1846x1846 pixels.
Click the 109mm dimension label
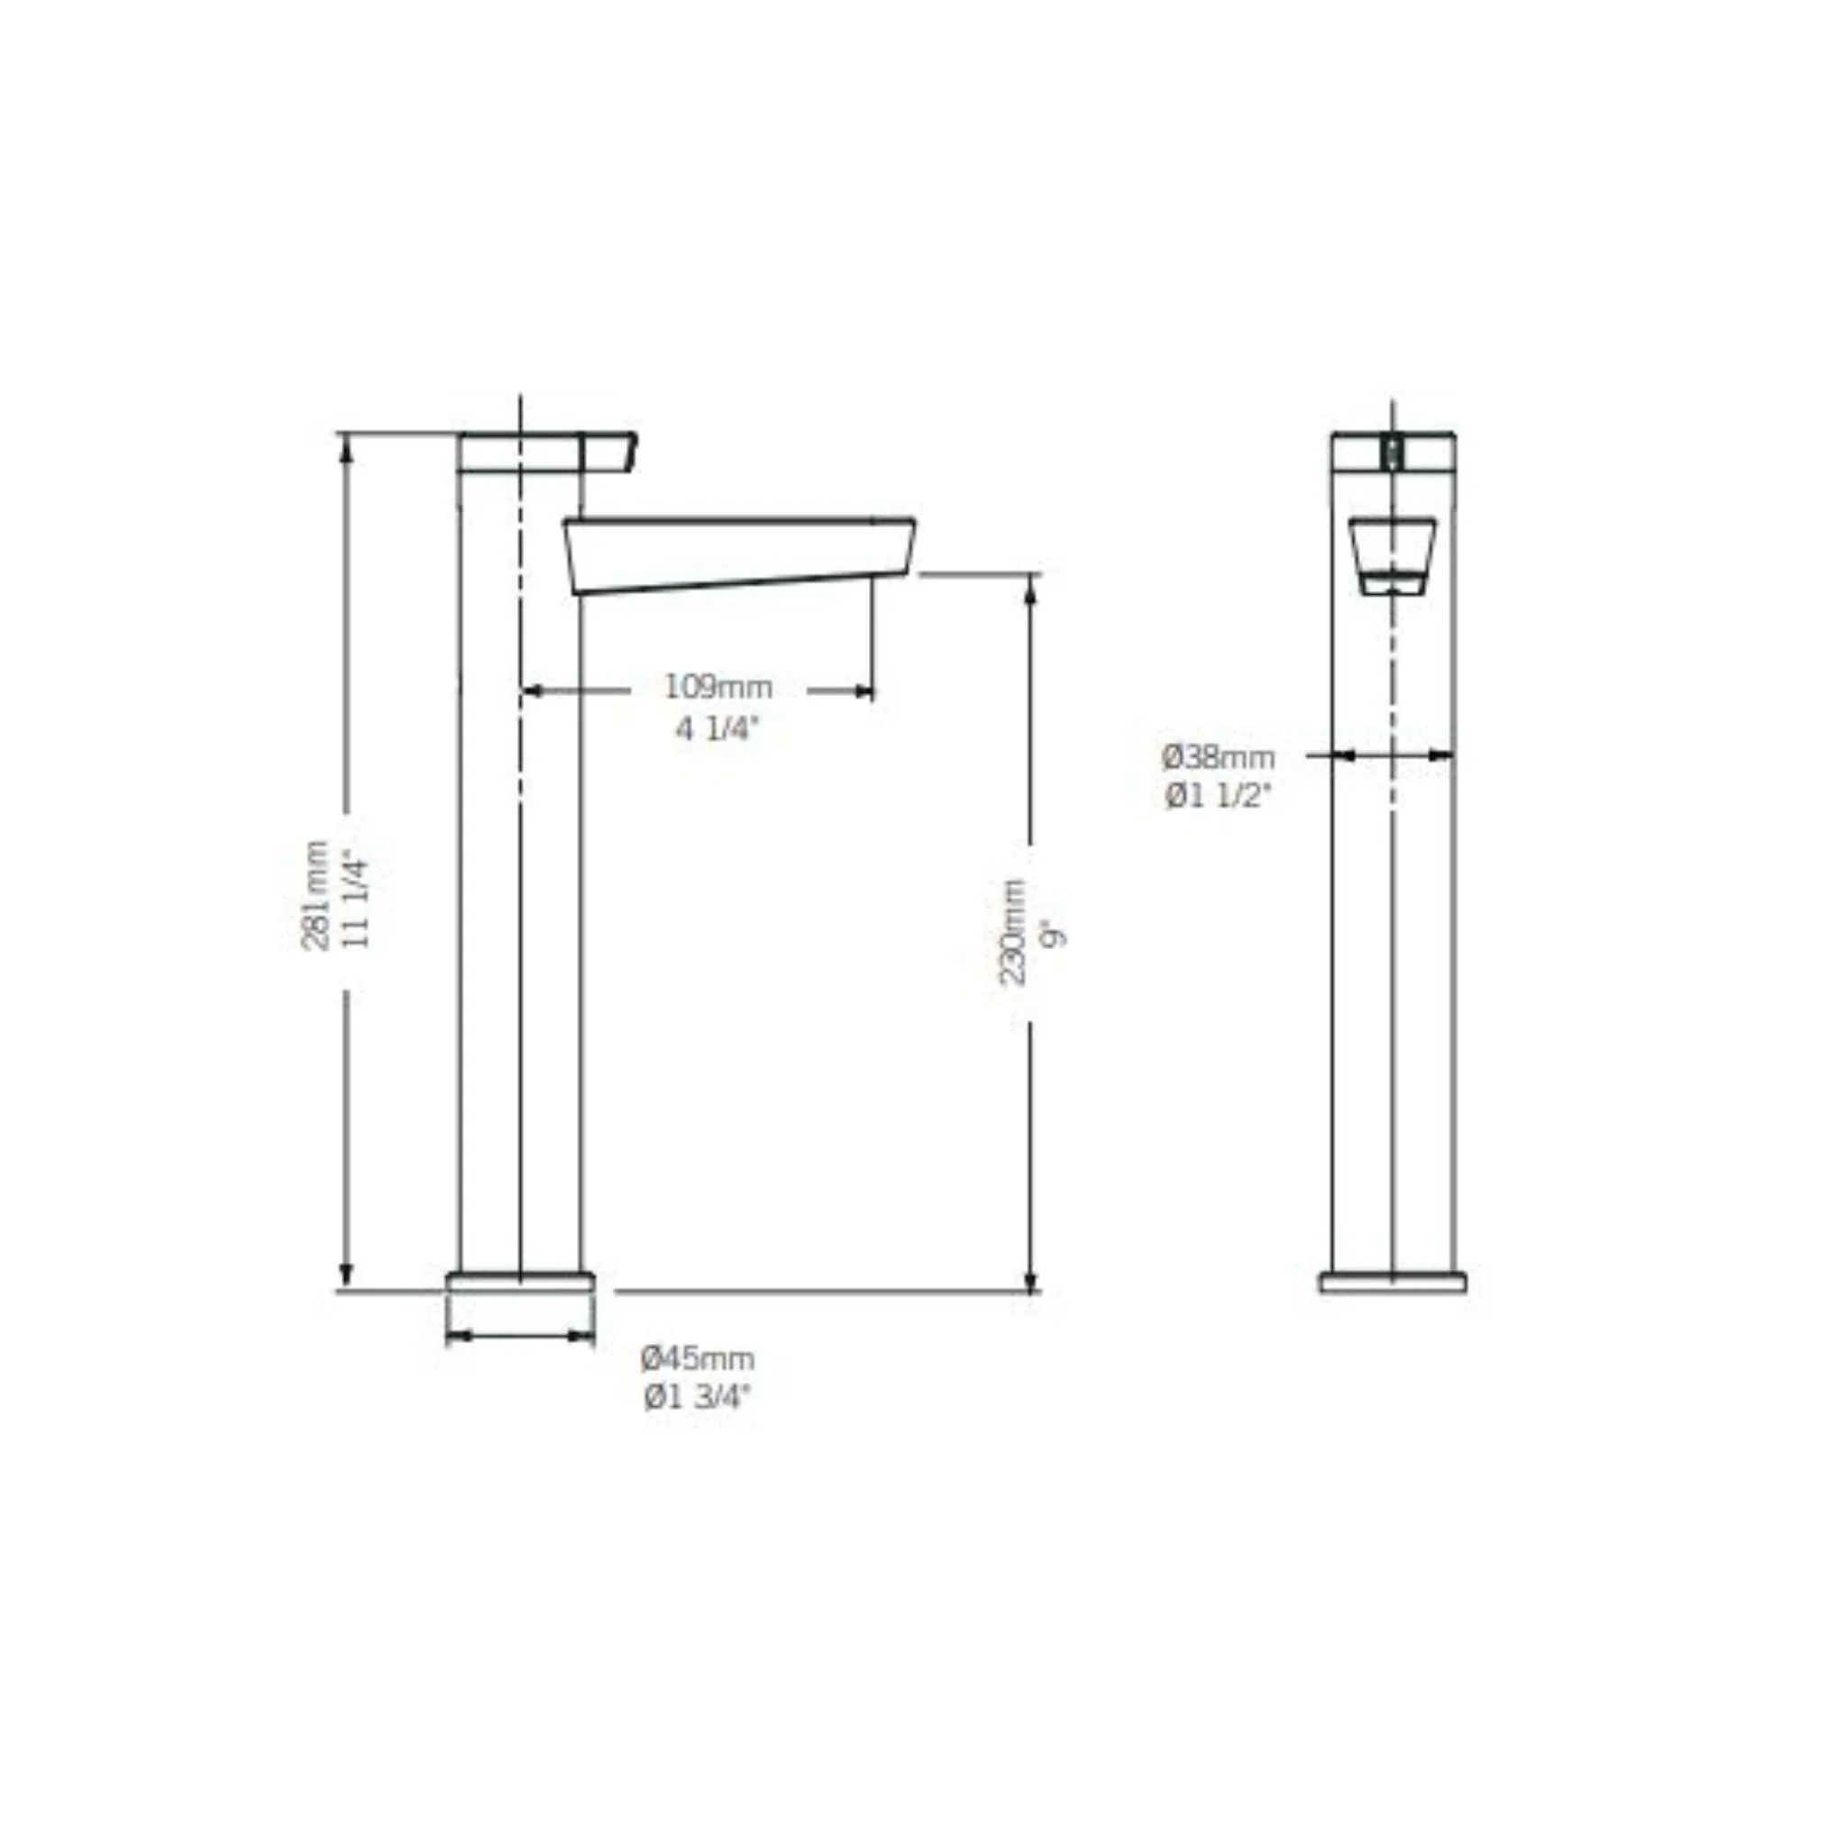click(718, 686)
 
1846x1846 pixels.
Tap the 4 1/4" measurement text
click(717, 730)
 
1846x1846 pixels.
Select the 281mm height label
click(315, 895)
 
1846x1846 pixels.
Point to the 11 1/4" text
click(355, 897)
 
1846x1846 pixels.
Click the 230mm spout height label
click(1013, 932)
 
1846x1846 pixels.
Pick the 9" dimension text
click(1054, 934)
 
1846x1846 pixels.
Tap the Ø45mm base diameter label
click(698, 1357)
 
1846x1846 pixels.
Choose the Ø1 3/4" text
click(698, 1398)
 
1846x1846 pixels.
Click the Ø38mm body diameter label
click(1219, 758)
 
